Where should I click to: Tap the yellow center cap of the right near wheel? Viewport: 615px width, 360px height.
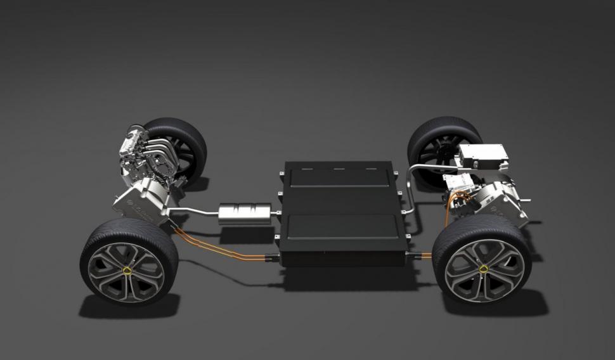[484, 269]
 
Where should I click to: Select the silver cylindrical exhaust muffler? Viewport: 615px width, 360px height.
[244, 212]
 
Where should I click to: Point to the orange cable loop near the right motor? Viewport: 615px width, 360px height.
[451, 207]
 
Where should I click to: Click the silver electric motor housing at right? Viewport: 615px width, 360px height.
[501, 196]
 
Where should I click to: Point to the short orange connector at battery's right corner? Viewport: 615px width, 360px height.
[423, 255]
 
